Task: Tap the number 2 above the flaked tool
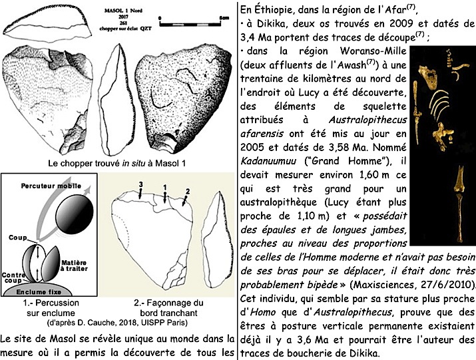click(x=188, y=192)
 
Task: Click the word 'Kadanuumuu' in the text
click(x=266, y=161)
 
